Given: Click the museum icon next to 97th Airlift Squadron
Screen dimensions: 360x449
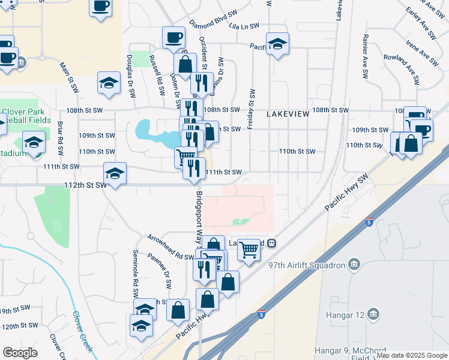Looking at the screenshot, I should coord(354,265).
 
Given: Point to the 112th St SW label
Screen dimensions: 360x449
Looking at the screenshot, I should coord(85,185).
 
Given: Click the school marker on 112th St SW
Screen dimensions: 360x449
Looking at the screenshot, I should coord(115,173).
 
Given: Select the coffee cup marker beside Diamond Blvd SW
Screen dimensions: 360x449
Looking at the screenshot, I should coord(173,37).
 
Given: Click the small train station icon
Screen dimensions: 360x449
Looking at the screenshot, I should coord(272,243).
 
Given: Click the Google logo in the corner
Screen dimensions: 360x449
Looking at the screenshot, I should coord(20,353).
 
